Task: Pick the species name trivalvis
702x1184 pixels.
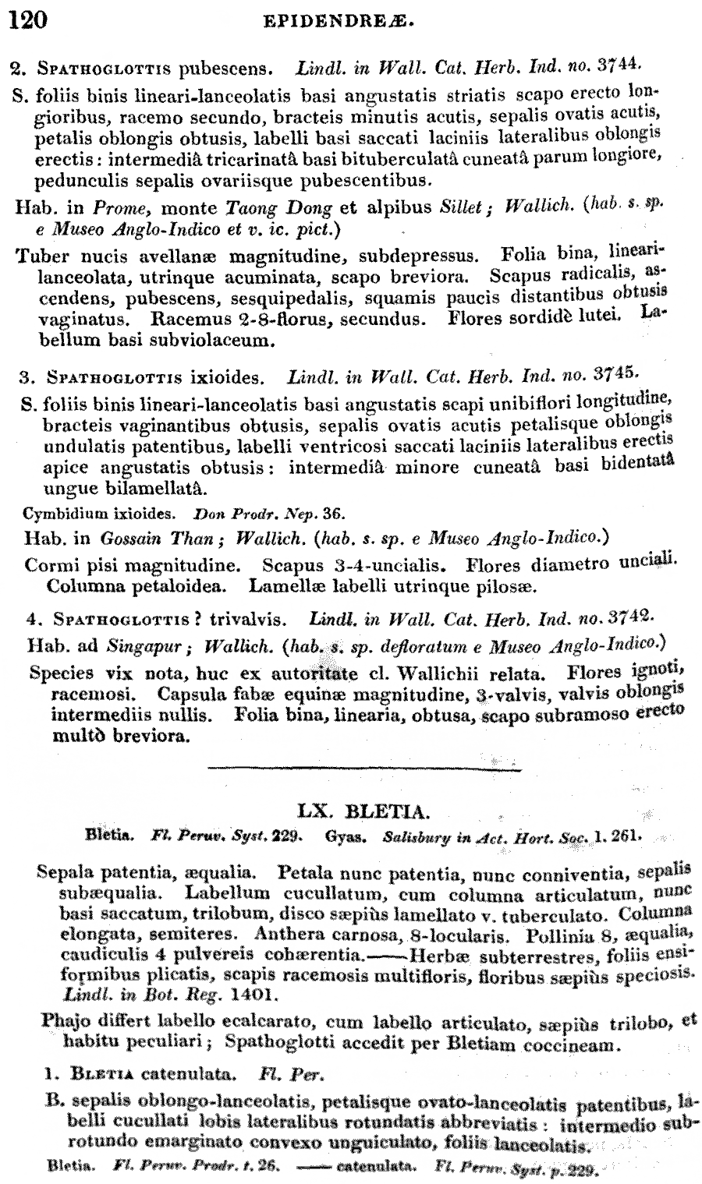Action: [x=240, y=621]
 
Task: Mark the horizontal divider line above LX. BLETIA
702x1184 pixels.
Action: [x=364, y=770]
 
